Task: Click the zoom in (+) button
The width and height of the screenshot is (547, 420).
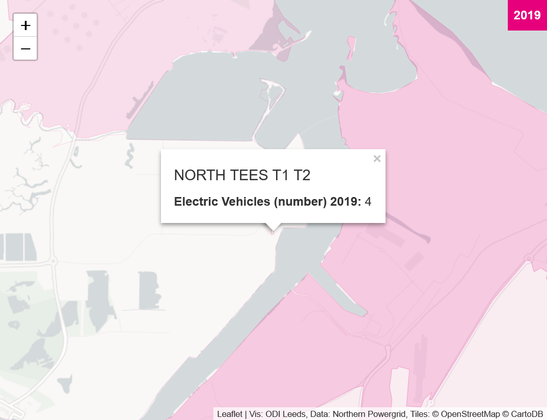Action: pos(25,25)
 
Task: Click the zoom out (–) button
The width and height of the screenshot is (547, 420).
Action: pos(25,49)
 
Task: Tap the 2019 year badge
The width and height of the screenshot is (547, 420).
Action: pos(527,15)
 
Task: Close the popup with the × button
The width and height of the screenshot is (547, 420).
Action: pos(377,159)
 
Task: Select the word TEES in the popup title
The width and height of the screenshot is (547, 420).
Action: pos(247,176)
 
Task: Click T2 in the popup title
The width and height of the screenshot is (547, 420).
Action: pos(302,176)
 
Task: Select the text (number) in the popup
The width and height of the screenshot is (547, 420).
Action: pos(300,202)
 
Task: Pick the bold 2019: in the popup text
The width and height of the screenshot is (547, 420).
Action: pos(345,202)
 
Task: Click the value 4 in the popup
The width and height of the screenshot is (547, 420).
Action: pos(368,202)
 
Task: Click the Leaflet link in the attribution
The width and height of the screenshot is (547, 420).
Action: pos(230,414)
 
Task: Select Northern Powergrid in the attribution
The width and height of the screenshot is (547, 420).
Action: pos(355,414)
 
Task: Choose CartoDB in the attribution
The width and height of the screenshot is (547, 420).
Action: pos(527,414)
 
